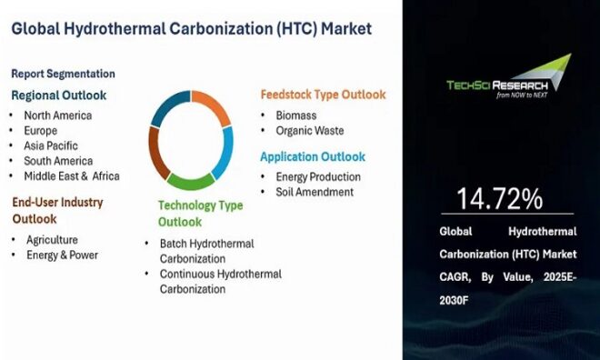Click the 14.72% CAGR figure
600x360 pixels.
499,198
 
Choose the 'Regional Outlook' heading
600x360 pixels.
58,95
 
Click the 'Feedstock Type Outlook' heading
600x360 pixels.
323,95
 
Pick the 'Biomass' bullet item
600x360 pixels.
297,115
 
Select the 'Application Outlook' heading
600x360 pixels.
313,156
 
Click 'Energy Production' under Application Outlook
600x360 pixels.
319,176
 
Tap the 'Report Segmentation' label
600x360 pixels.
63,74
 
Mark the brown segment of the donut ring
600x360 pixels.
158,156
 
